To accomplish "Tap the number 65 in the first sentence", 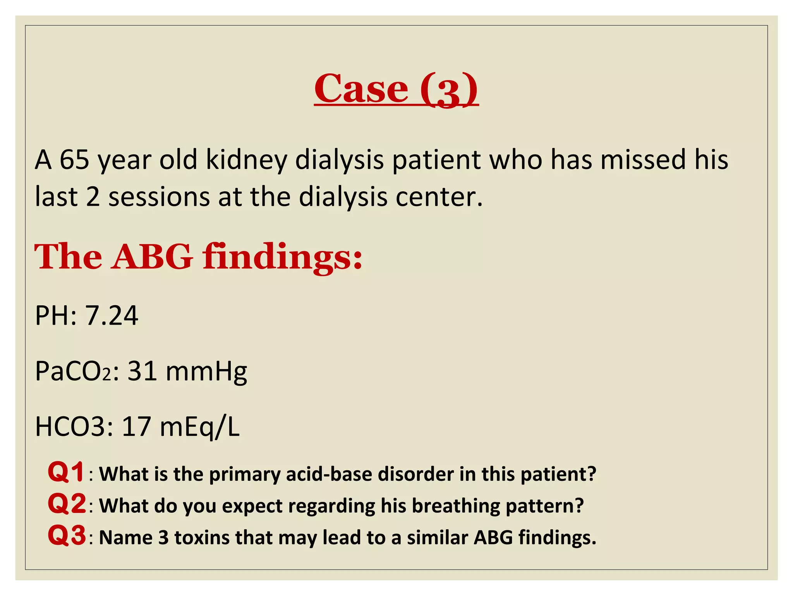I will tap(74, 160).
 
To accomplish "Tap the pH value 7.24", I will tap(112, 315).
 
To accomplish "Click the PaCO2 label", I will tap(74, 371).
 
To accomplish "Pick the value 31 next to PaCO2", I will tap(142, 371).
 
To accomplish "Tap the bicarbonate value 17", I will tap(136, 427).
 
